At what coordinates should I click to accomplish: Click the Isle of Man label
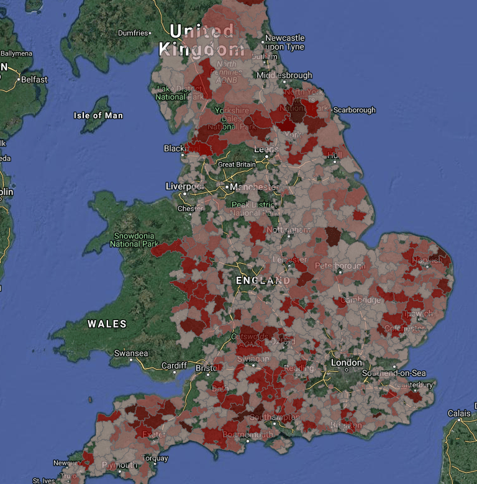point(98,115)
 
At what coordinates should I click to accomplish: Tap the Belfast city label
point(34,79)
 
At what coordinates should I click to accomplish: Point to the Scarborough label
point(355,110)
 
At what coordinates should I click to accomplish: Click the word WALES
point(107,324)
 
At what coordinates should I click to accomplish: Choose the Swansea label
point(131,354)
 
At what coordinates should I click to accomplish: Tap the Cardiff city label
point(174,365)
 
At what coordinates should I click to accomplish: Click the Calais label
point(460,413)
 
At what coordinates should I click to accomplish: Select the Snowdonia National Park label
point(134,240)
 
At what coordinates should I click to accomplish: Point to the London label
point(346,362)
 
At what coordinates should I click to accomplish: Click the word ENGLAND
point(263,280)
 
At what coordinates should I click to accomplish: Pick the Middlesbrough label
point(284,75)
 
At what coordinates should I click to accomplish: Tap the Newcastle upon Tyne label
point(284,42)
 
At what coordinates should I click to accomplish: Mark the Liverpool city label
point(185,186)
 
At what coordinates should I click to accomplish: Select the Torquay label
point(155,459)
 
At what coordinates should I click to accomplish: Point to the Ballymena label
point(16,53)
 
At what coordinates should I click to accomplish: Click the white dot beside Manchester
point(227,186)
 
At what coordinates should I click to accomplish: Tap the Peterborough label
point(338,266)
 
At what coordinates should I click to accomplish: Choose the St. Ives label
point(43,480)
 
